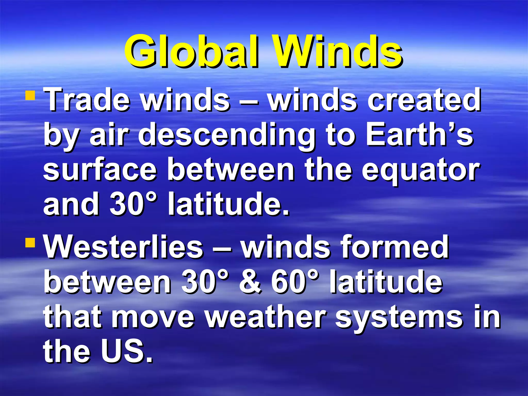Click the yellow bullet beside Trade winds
pyautogui.click(x=30, y=95)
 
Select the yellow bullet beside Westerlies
pyautogui.click(x=30, y=242)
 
